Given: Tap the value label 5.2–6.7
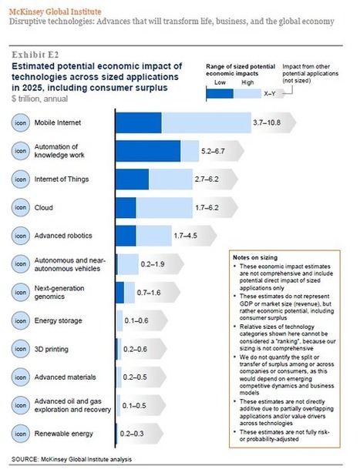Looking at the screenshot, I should pos(236,151).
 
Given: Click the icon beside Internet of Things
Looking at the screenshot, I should pos(22,179).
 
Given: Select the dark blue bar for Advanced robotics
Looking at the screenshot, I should pos(126,234).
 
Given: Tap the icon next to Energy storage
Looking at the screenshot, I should pos(22,320).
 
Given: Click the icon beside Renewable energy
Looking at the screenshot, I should pos(22,433).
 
